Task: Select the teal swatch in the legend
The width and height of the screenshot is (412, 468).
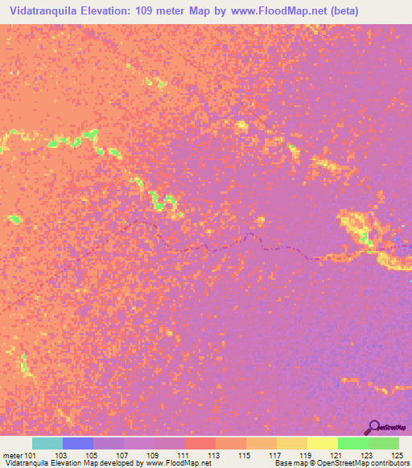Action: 47,443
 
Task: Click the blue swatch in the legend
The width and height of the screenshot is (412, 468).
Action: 77,443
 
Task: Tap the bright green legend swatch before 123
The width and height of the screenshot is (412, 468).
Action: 352,443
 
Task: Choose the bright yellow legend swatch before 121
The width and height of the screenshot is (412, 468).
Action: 322,443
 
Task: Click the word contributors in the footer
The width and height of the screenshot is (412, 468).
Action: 390,463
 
